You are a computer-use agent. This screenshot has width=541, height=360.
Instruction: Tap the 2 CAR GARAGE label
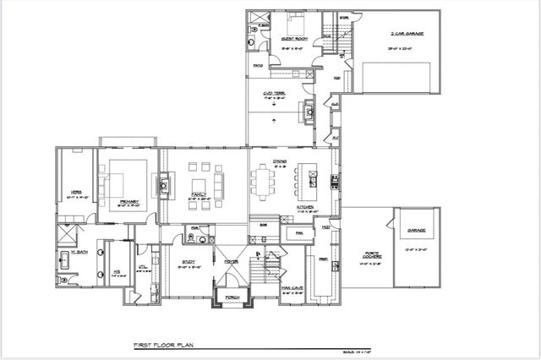[407, 33]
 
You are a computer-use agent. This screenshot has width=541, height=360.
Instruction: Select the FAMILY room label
[199, 194]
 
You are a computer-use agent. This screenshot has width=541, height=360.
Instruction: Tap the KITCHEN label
[305, 206]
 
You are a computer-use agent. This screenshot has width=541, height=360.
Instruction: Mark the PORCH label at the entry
[229, 297]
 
